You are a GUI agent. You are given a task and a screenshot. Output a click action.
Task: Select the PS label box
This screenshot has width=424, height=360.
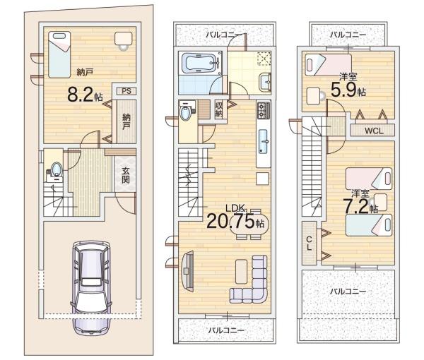[125, 91]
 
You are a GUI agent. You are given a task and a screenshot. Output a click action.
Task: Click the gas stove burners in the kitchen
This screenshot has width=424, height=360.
[263, 110]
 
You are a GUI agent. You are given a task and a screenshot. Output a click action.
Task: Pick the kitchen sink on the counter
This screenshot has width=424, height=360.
[262, 138]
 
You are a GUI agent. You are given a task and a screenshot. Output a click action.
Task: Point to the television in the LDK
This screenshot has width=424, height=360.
[187, 268]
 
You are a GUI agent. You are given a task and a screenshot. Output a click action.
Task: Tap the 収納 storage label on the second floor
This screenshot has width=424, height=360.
[219, 109]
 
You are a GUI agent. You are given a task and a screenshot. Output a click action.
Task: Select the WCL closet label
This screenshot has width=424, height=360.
[374, 131]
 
